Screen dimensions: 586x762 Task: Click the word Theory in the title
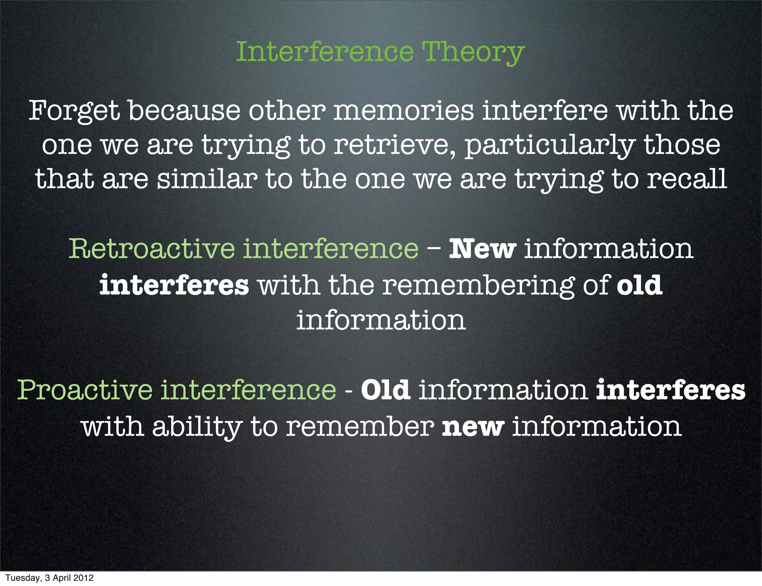pyautogui.click(x=473, y=52)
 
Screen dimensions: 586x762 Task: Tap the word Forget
pyautogui.click(x=74, y=111)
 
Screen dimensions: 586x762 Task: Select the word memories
pyautogui.click(x=403, y=111)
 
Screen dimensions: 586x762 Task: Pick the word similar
pyautogui.click(x=207, y=179)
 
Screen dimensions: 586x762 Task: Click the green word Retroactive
pyautogui.click(x=152, y=249)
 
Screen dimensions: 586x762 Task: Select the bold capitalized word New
pyautogui.click(x=483, y=249)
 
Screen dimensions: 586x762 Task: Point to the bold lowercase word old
pyautogui.click(x=640, y=285)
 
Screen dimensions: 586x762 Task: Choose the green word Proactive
pyautogui.click(x=85, y=390)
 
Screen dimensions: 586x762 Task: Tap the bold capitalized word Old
pyautogui.click(x=385, y=390)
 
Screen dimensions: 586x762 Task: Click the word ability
pyautogui.click(x=197, y=427)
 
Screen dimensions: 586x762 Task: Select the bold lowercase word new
pyautogui.click(x=473, y=427)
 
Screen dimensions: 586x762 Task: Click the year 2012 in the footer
pyautogui.click(x=83, y=578)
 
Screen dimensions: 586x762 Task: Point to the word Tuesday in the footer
pyautogui.click(x=22, y=578)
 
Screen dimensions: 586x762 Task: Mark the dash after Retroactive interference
pyautogui.click(x=434, y=249)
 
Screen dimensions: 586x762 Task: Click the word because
pyautogui.click(x=184, y=111)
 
